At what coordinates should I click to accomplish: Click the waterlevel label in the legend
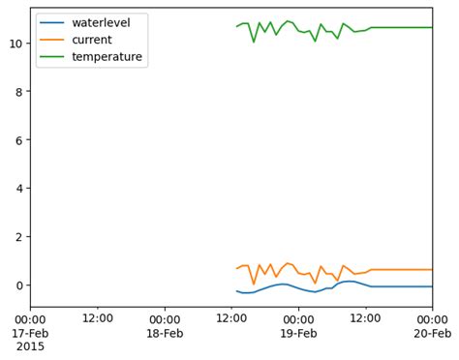(101, 22)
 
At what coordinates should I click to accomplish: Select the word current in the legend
(92, 40)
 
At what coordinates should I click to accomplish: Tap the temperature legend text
(107, 57)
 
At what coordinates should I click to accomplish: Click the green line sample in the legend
(52, 58)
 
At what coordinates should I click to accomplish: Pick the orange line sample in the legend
(52, 41)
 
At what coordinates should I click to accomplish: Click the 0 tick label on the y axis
(18, 285)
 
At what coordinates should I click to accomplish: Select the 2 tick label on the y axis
(18, 237)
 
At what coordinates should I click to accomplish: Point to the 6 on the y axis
(18, 140)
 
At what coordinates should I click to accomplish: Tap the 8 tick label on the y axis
(18, 92)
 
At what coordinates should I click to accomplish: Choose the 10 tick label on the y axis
(15, 44)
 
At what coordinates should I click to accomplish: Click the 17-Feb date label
(30, 332)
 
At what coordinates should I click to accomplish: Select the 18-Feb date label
(165, 332)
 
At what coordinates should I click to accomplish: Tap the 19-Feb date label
(298, 332)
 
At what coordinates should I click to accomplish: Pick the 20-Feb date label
(432, 332)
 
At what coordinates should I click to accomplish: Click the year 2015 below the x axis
(30, 345)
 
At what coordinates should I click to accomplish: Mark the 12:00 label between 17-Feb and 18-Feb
(97, 318)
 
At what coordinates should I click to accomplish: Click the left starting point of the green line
(236, 26)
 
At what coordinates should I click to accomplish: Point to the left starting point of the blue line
(236, 290)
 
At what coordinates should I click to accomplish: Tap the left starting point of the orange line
(236, 269)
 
